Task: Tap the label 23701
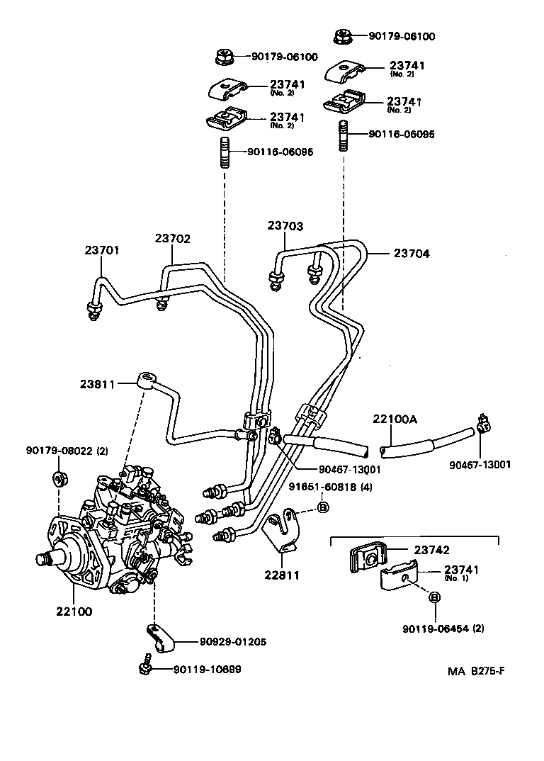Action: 102,250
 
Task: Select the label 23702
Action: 173,239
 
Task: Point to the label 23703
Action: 285,226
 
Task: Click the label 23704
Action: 412,253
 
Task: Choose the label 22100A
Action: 395,419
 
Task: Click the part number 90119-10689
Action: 206,669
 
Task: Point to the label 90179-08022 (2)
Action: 67,451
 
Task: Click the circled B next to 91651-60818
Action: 322,507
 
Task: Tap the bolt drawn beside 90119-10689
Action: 146,667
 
